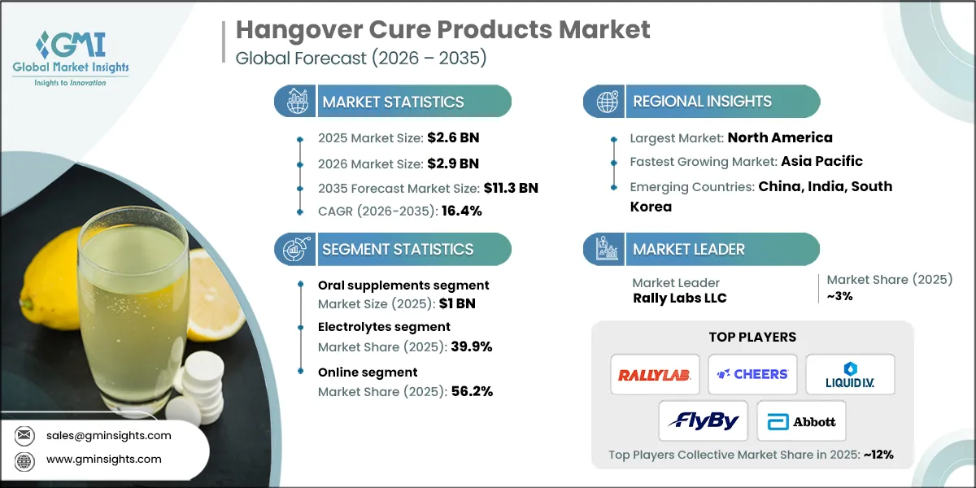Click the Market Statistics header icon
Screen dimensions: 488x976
coord(294,102)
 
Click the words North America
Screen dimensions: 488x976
coord(780,137)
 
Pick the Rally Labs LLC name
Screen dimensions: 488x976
coord(679,298)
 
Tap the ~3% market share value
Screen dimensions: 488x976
coord(840,296)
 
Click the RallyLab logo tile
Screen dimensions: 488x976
coord(655,374)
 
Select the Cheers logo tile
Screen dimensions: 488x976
coord(752,374)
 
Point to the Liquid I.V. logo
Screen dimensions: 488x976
coord(850,374)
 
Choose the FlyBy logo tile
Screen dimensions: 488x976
coord(704,420)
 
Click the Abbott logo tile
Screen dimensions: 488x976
coord(801,420)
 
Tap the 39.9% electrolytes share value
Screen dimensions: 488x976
coord(471,346)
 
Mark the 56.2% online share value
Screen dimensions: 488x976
coord(471,391)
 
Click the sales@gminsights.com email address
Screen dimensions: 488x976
coord(108,435)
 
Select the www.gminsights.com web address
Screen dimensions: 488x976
coord(103,459)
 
